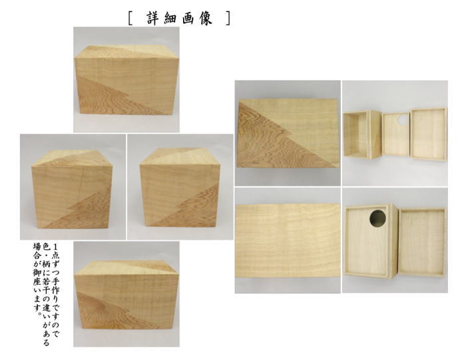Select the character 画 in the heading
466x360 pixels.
coord(189,19)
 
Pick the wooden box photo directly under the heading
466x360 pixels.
coord(126,79)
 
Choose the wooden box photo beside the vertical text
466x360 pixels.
coord(126,293)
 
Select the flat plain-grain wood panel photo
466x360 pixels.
coord(288,240)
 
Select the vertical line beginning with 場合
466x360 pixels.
coord(37,272)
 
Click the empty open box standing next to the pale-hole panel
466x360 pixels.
coord(362,135)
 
